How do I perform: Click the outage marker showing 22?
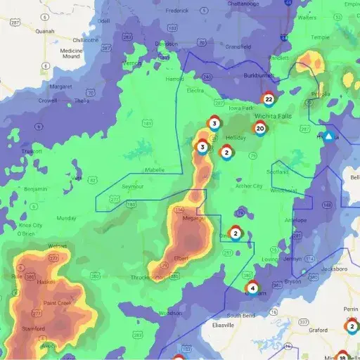pyautogui.click(x=268, y=98)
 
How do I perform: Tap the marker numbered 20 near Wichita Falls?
pyautogui.click(x=260, y=129)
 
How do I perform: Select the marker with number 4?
pyautogui.click(x=252, y=288)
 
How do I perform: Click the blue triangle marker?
pyautogui.click(x=328, y=136)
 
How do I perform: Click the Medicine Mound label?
pyautogui.click(x=71, y=53)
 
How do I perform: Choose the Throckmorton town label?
pyautogui.click(x=148, y=278)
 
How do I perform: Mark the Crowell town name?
pyautogui.click(x=48, y=101)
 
